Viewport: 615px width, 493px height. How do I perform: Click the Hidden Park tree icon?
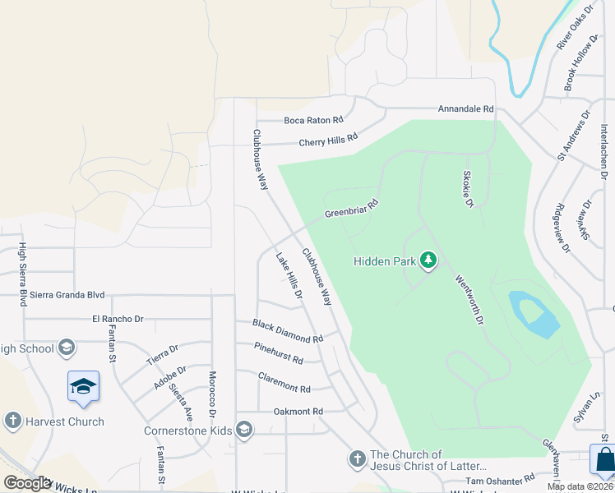click(428, 260)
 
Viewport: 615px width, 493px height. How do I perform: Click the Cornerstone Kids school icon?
click(243, 429)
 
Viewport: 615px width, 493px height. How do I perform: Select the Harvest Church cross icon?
click(12, 422)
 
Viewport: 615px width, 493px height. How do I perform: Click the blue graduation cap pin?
click(83, 386)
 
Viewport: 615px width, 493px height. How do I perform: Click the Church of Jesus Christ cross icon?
click(357, 458)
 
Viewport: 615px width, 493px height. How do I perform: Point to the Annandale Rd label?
click(465, 108)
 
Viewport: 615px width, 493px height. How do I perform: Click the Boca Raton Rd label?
click(313, 120)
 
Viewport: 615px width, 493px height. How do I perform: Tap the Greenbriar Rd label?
click(351, 209)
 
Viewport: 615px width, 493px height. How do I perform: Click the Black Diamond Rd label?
click(288, 332)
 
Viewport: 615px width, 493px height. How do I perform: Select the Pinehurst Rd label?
click(279, 354)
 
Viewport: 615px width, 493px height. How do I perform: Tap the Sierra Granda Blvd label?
click(63, 294)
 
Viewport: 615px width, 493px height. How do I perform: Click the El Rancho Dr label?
click(118, 319)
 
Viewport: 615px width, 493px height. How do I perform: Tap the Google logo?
click(27, 483)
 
